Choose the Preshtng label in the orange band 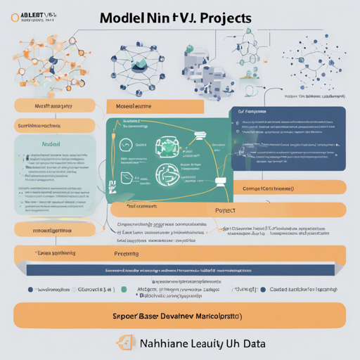click(x=127, y=253)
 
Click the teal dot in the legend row click(x=124, y=289)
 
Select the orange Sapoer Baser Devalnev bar click(x=179, y=315)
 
